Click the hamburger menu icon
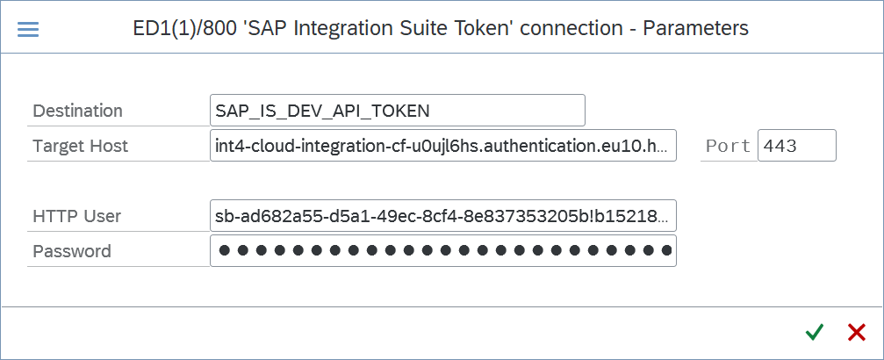(28, 29)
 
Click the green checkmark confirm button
(814, 333)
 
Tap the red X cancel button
(857, 333)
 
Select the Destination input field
(398, 111)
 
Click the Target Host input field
(443, 146)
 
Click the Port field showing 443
(796, 146)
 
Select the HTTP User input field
(443, 215)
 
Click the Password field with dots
(443, 250)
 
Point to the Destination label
(78, 111)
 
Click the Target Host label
(81, 146)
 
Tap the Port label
(729, 146)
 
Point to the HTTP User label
(77, 215)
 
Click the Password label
(72, 251)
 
